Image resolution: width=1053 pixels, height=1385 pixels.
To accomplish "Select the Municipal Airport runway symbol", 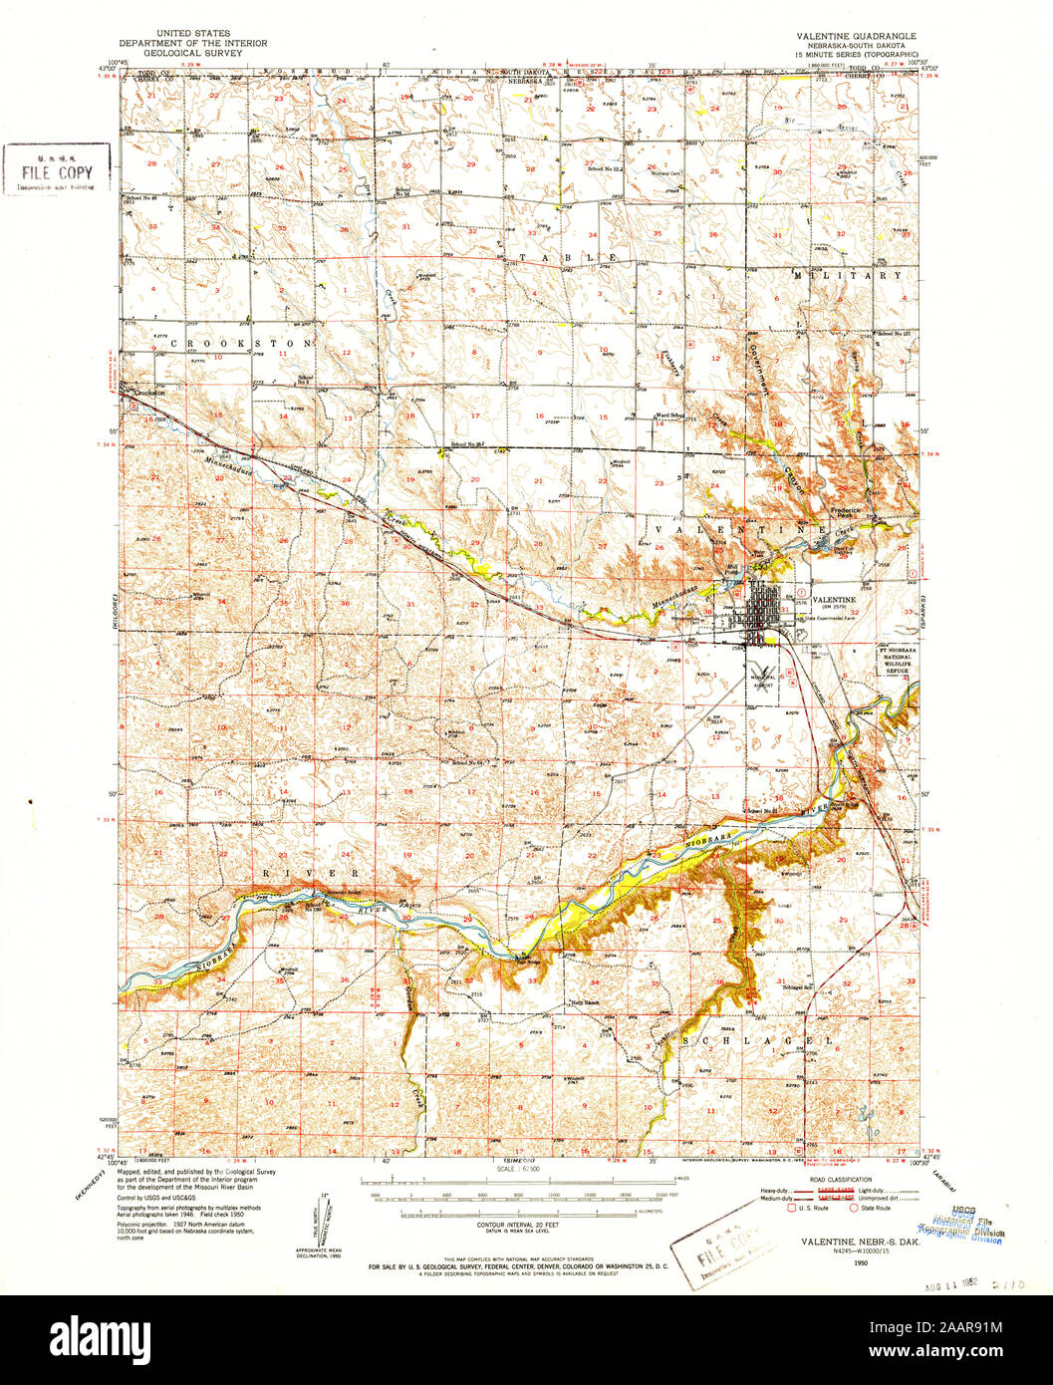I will (765, 670).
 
